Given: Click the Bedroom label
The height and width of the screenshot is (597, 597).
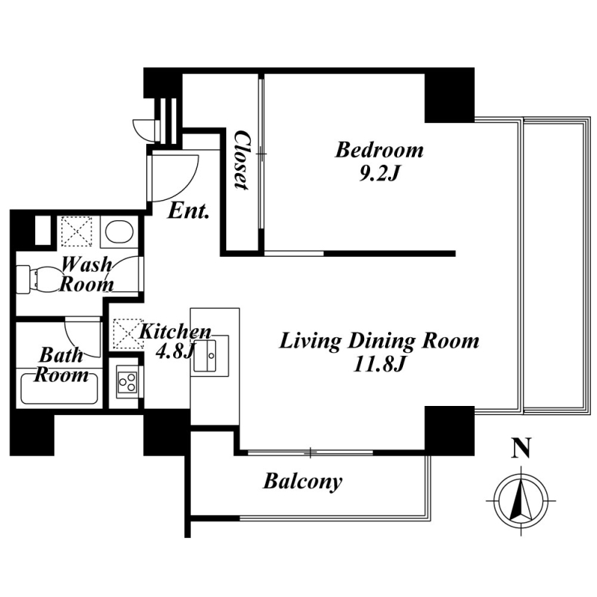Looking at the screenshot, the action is pyautogui.click(x=379, y=150).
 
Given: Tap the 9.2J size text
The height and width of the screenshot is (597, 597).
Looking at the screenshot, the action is pyautogui.click(x=378, y=174).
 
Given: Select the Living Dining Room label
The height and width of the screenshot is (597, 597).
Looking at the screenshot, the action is pyautogui.click(x=379, y=341).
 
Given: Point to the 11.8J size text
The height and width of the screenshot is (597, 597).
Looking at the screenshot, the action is pyautogui.click(x=378, y=365).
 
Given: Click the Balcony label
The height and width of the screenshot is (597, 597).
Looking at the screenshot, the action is pyautogui.click(x=303, y=481).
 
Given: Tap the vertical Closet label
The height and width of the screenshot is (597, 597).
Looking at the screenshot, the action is pyautogui.click(x=242, y=160).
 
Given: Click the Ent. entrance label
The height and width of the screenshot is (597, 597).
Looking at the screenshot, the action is pyautogui.click(x=189, y=210).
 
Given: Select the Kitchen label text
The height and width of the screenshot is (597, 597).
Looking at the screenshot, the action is pyautogui.click(x=175, y=332).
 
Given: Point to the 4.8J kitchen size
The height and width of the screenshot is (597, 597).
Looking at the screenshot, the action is pyautogui.click(x=174, y=352).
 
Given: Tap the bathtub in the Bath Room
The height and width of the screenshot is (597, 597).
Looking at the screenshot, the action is pyautogui.click(x=60, y=389).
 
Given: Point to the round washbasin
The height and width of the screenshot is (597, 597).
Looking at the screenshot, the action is pyautogui.click(x=119, y=231).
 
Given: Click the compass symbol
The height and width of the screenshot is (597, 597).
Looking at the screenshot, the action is pyautogui.click(x=521, y=500).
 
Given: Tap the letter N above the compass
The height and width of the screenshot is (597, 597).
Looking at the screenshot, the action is pyautogui.click(x=522, y=448).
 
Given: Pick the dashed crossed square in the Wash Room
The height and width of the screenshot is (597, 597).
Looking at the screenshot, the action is pyautogui.click(x=77, y=231).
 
